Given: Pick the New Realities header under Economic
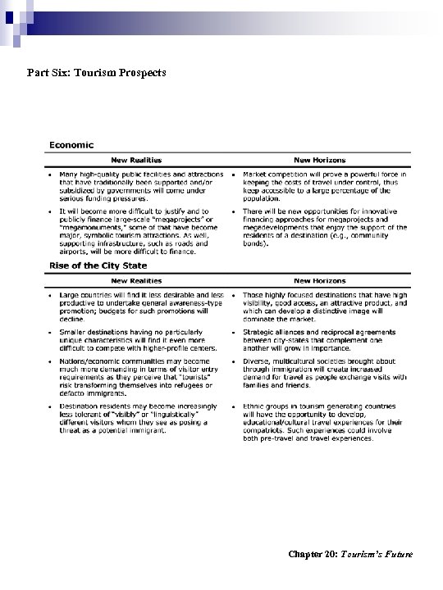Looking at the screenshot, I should [x=136, y=160].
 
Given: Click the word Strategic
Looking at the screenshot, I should [x=258, y=331].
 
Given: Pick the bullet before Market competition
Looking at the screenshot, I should [x=234, y=174].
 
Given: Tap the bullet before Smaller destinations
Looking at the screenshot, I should [x=51, y=330].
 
